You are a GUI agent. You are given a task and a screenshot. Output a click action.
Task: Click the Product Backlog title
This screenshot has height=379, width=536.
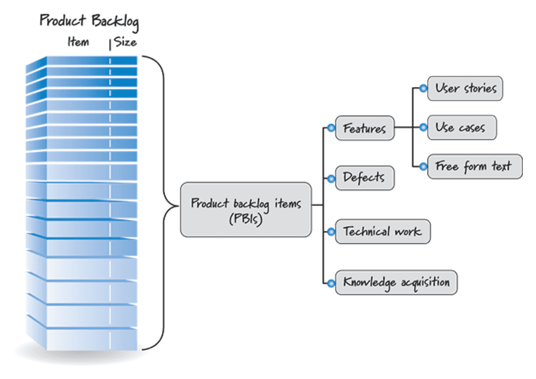coord(89,21)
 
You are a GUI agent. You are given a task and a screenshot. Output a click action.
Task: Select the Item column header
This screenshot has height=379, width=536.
coord(78,42)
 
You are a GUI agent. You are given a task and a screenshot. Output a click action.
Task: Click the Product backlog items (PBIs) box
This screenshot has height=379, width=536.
coord(246,210)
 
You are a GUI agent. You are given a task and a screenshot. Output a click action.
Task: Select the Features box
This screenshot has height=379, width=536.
coord(364,128)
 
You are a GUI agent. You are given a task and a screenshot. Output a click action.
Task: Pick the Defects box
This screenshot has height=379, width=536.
coord(364,178)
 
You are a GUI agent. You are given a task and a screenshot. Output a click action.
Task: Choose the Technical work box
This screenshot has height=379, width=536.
coord(383,231)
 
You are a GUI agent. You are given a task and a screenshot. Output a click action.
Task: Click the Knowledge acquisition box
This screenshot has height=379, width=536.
coord(396,283)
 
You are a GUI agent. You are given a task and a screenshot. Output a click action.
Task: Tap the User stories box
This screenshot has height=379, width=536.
coord(465,89)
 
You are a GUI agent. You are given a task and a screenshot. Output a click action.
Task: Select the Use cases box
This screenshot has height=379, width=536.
coord(461,128)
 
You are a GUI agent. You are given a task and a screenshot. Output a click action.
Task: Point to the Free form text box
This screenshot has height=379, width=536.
coord(474,167)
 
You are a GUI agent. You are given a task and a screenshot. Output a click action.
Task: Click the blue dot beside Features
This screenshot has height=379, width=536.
coord(331,128)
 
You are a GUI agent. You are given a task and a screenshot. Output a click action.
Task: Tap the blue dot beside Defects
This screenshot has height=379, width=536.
coord(331,179)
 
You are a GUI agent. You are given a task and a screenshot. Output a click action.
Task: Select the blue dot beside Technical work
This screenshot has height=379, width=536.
coord(331,231)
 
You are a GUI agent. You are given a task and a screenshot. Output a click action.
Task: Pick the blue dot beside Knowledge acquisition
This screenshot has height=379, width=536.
coord(331,283)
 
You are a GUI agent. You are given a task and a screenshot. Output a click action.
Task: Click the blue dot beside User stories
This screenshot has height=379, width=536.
coord(423,89)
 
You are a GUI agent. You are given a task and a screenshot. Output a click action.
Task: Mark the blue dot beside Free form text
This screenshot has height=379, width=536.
coord(423,167)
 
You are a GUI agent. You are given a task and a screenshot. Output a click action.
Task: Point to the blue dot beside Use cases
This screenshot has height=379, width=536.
coord(423,128)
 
